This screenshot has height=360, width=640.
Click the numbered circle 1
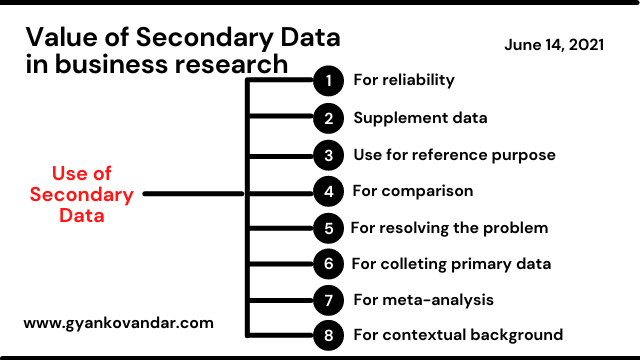pyautogui.click(x=327, y=81)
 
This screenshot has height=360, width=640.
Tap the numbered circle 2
pyautogui.click(x=327, y=118)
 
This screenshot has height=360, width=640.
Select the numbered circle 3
pyautogui.click(x=327, y=155)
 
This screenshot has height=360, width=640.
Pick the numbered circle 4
pyautogui.click(x=327, y=191)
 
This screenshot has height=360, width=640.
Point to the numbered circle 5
pyautogui.click(x=327, y=228)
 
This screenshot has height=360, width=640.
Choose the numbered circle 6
pyautogui.click(x=327, y=264)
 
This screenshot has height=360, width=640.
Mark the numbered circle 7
pyautogui.click(x=327, y=299)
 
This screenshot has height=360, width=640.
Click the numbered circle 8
pyautogui.click(x=327, y=335)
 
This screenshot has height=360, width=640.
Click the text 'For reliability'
pyautogui.click(x=404, y=80)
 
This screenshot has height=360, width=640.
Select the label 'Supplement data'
pyautogui.click(x=420, y=117)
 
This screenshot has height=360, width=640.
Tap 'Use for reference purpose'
pyautogui.click(x=454, y=155)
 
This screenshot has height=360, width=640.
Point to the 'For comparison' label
pyautogui.click(x=413, y=190)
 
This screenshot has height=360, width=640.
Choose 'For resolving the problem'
pyautogui.click(x=449, y=227)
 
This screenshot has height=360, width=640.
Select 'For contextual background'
pyautogui.click(x=457, y=335)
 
